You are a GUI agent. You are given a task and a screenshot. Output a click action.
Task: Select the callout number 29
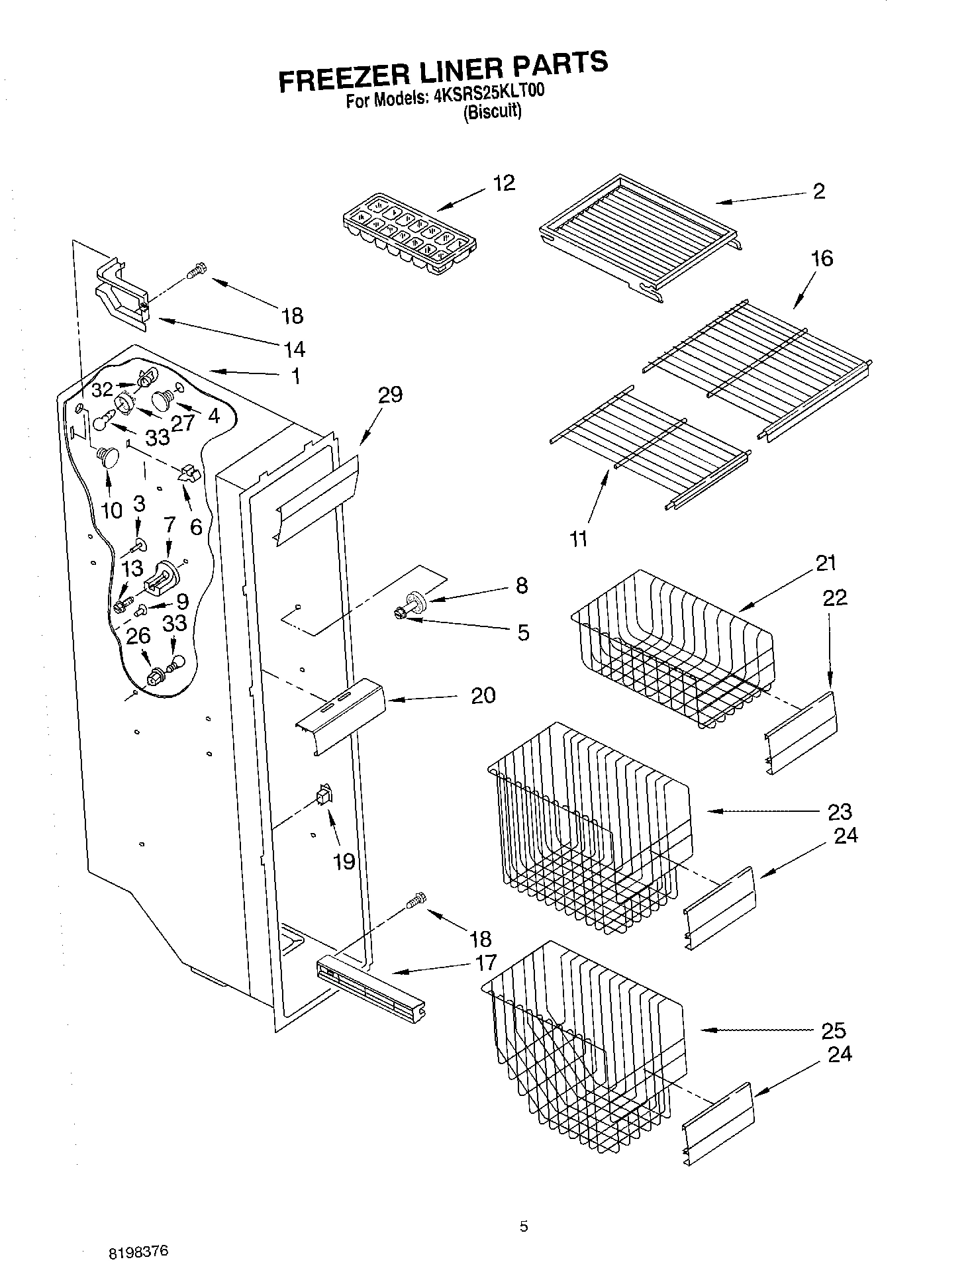pyautogui.click(x=390, y=395)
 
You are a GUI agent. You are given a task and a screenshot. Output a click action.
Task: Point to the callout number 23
pyautogui.click(x=839, y=811)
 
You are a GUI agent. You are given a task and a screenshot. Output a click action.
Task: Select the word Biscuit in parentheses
pyautogui.click(x=492, y=113)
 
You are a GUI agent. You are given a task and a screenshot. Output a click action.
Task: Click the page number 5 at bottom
pyautogui.click(x=524, y=1226)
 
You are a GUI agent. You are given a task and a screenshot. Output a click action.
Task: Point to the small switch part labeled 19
pyautogui.click(x=324, y=795)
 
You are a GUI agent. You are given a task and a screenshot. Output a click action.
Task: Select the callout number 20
pyautogui.click(x=483, y=695)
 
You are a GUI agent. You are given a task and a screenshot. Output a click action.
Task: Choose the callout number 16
pyautogui.click(x=822, y=258)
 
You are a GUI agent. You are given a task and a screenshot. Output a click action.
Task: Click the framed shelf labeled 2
pyautogui.click(x=639, y=235)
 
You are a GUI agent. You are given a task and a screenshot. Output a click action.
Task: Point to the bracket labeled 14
pyautogui.click(x=122, y=295)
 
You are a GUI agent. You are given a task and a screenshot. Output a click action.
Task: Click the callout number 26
pyautogui.click(x=138, y=636)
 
